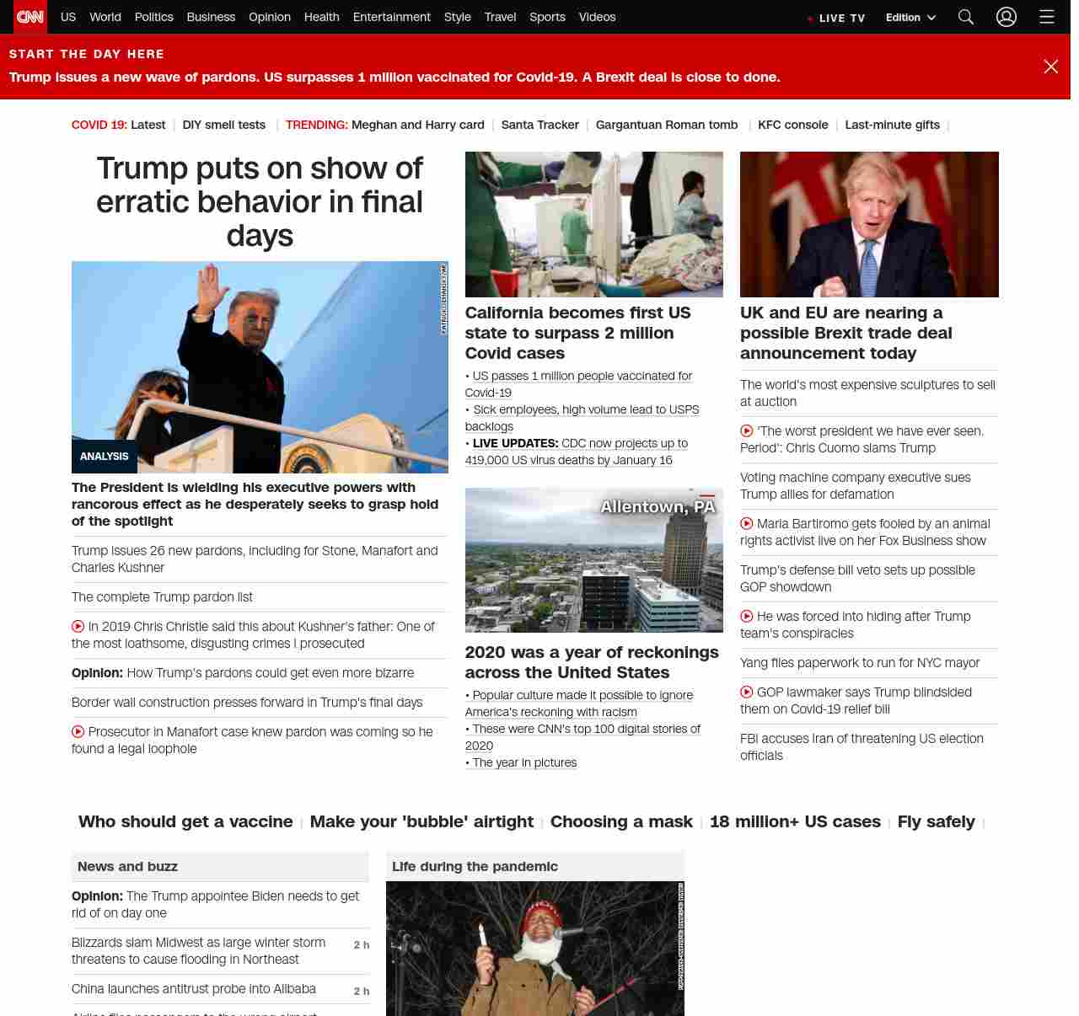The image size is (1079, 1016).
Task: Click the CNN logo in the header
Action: tap(30, 17)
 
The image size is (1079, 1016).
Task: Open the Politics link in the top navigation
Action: tap(153, 17)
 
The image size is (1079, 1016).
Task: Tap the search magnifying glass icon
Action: tap(966, 17)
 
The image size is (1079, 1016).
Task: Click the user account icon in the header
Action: tap(1007, 17)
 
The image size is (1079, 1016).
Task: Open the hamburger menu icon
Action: tap(1047, 17)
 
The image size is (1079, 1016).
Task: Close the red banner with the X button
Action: tap(1050, 67)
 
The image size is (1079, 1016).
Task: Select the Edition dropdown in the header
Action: tap(910, 18)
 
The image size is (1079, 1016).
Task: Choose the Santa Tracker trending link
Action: tap(539, 125)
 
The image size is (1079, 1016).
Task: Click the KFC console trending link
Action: tap(792, 125)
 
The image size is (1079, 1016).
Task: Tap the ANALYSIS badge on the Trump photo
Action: tap(105, 457)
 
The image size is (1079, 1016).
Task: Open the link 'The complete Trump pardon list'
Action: tap(162, 597)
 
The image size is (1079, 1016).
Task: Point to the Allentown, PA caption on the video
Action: tap(658, 506)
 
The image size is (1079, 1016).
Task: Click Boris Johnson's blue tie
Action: tap(869, 268)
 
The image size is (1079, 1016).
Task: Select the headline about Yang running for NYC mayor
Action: tap(860, 663)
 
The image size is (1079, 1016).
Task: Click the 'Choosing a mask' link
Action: tap(621, 821)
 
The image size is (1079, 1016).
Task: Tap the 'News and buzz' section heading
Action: tap(127, 866)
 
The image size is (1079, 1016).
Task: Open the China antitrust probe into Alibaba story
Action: tap(194, 989)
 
